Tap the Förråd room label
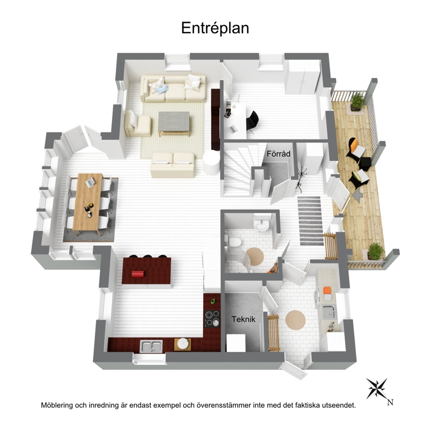point(278,154)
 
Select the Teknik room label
point(243,319)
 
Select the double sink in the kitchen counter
point(151,346)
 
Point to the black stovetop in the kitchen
point(212,318)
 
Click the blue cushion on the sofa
point(162,89)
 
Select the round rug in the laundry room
point(295,320)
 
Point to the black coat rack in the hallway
point(300,179)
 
